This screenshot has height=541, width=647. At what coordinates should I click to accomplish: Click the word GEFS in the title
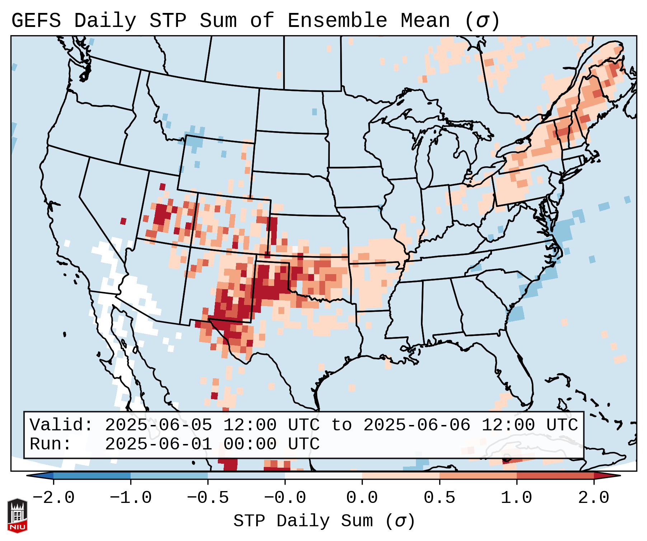tap(36, 20)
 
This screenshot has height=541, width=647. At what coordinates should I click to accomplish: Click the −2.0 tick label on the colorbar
tap(53, 498)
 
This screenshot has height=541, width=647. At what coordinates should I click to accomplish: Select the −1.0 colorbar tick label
tap(131, 498)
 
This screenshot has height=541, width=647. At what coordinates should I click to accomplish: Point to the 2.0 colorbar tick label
tap(594, 498)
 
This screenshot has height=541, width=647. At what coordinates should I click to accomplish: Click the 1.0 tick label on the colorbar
tap(517, 498)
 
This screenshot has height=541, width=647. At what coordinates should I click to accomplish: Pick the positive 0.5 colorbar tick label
tap(440, 498)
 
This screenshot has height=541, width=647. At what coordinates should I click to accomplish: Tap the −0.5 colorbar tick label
tap(208, 498)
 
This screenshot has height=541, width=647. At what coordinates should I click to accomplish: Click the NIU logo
tap(17, 515)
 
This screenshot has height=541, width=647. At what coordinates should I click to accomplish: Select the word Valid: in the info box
tap(61, 425)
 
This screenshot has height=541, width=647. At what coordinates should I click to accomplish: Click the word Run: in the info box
tap(51, 444)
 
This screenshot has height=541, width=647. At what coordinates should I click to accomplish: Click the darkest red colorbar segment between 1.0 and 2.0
tap(555, 476)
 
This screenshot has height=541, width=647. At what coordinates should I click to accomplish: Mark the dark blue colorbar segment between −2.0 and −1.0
tap(92, 476)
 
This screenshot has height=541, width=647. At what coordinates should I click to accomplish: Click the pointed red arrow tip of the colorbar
tap(615, 476)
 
